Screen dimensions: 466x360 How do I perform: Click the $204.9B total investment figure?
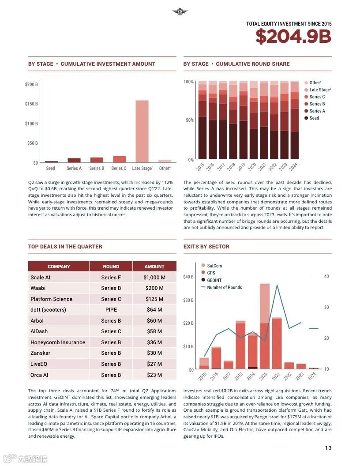click(293, 37)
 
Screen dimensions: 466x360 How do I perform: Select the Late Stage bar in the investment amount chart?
click(142, 132)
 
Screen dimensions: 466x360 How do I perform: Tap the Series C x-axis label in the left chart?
click(119, 168)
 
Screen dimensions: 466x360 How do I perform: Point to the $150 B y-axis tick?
click(31, 104)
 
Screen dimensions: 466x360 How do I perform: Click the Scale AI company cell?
click(41, 278)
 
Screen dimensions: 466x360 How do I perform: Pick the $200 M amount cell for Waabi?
click(154, 288)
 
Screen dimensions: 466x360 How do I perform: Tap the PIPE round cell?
click(111, 310)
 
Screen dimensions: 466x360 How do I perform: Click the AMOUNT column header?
click(154, 267)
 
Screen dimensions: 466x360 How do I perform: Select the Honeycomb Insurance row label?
click(58, 342)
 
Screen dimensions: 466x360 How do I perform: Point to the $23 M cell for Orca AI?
click(154, 375)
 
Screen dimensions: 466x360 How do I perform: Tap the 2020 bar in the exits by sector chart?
click(265, 327)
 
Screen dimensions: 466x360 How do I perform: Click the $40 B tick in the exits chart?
click(188, 277)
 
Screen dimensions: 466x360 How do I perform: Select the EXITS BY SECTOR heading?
click(206, 247)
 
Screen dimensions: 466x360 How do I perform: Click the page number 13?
click(328, 448)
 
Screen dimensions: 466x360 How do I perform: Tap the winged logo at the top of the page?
click(180, 12)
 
